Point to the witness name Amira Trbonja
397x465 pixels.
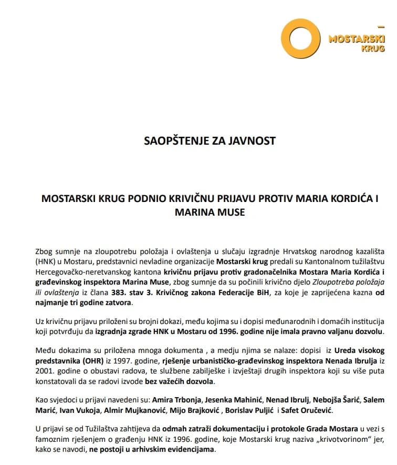pyautogui.click(x=176, y=400)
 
